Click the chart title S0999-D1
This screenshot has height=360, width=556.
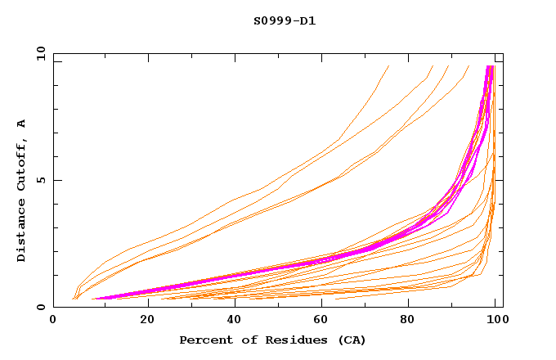point(284,20)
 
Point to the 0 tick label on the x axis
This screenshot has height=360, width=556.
point(54,322)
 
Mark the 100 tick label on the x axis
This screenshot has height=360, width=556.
point(494,322)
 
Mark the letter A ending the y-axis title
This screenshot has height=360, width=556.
point(22,124)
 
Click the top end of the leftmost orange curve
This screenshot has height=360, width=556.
point(388,66)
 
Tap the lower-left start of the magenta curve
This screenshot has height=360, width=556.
point(93,299)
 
